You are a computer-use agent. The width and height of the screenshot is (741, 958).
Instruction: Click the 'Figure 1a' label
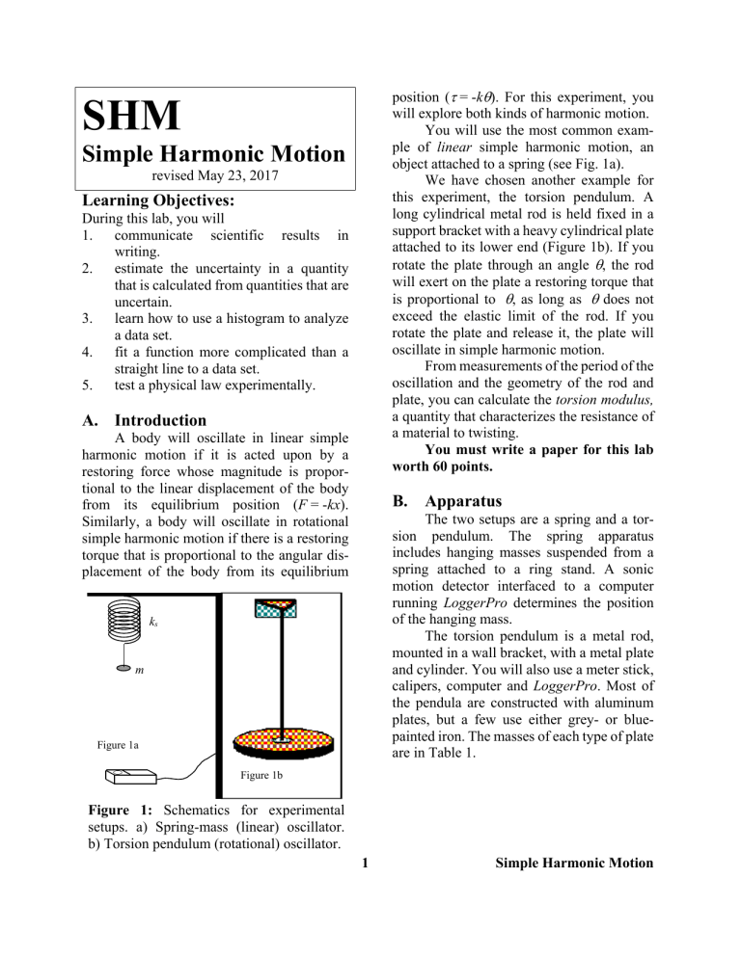(123, 743)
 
